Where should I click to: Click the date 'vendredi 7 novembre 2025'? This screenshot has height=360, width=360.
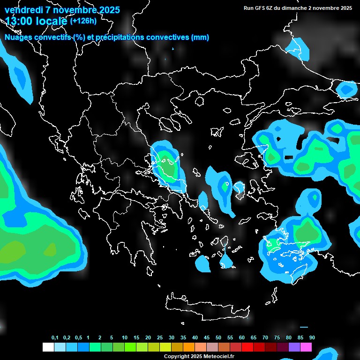coord(62,10)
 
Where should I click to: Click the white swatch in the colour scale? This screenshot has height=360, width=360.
coord(48,347)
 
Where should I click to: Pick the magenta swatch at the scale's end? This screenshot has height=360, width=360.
coord(306,347)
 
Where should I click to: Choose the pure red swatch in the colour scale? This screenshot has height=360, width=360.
coord(247,347)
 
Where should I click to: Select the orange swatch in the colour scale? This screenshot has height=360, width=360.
coord(188,347)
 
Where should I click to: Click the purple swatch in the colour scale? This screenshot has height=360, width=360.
coord(294,347)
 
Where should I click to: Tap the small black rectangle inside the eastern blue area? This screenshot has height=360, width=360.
coord(289,156)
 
